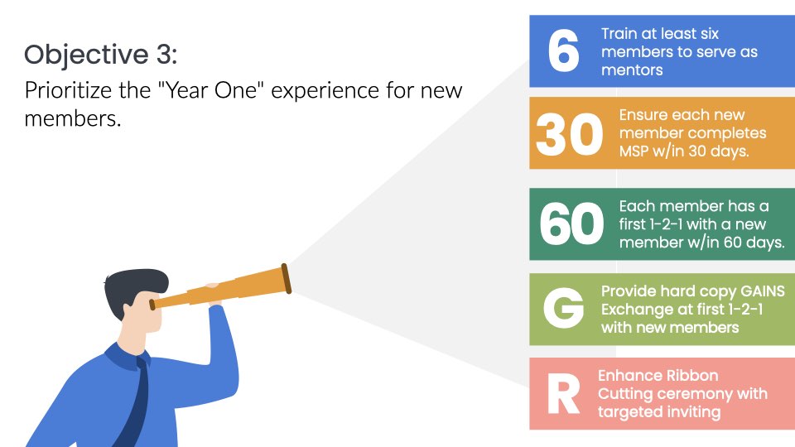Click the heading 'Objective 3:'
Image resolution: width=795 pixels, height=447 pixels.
coord(100,55)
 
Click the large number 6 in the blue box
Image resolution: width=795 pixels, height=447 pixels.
coord(563,50)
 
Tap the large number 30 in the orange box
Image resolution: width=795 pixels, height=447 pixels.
coord(570,134)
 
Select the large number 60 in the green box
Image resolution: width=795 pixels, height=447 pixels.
coord(571,223)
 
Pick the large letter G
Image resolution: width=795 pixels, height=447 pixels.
coord(563,308)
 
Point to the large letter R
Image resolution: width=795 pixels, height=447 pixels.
coord(563,394)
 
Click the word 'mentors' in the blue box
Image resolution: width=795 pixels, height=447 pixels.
coord(632,70)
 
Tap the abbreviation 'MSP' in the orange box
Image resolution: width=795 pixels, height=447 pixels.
coord(634,151)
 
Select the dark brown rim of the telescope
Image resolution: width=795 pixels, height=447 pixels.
coord(287,279)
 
